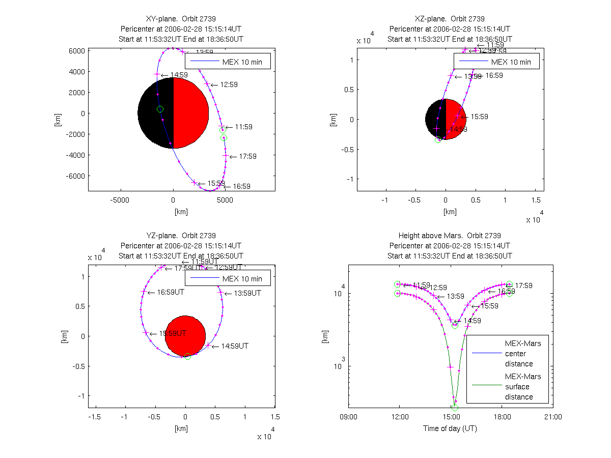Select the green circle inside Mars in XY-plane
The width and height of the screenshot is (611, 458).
click(160, 109)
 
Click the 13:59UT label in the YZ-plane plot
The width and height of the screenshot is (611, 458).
click(245, 293)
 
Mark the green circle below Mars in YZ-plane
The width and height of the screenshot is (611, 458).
click(187, 357)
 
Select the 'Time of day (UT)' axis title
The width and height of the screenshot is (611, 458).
click(450, 428)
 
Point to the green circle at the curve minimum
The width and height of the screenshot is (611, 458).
click(455, 408)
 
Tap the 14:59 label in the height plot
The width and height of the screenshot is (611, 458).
click(471, 321)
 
